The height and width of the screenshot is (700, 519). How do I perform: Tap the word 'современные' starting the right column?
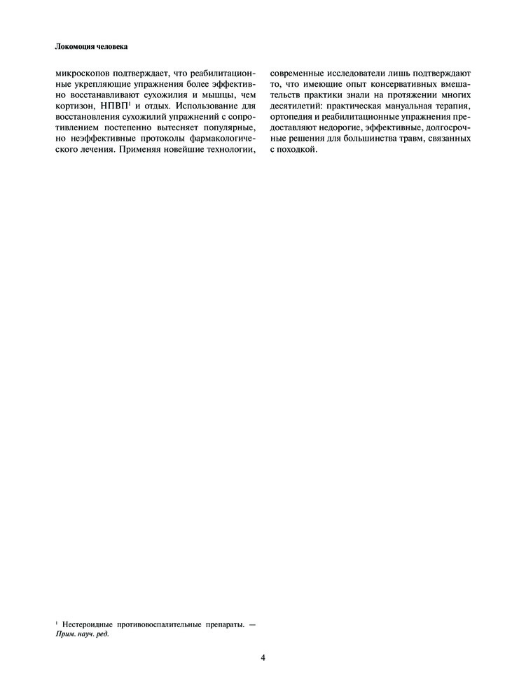[298, 73]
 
